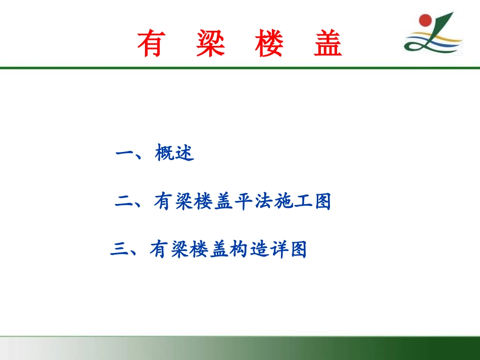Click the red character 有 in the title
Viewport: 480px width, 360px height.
click(x=150, y=44)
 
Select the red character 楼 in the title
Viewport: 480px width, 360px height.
click(x=269, y=44)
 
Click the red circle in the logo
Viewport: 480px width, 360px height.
click(x=425, y=21)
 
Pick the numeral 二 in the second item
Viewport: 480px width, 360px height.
click(x=124, y=202)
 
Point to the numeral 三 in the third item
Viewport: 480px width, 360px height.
click(x=119, y=249)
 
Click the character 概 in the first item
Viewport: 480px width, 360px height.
click(x=165, y=153)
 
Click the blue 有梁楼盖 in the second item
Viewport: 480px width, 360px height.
click(x=191, y=202)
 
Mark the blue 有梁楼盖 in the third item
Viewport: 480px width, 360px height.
click(x=188, y=249)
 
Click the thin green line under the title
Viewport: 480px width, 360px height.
click(x=240, y=68)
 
